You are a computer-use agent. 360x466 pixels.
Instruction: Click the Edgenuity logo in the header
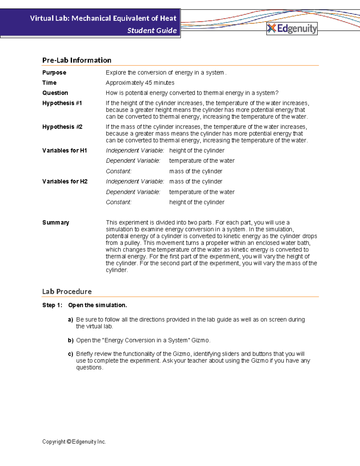click(292, 29)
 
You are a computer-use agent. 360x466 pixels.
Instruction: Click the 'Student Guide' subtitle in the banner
click(152, 31)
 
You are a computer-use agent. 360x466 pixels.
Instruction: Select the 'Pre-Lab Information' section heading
click(76, 60)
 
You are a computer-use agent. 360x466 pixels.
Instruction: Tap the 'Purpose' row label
click(54, 73)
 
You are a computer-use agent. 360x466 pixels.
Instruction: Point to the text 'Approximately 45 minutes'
click(140, 83)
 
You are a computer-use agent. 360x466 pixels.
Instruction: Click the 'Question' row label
click(55, 93)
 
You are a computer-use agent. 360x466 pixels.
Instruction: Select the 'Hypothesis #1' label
click(62, 103)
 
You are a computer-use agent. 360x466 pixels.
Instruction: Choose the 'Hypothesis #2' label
click(62, 127)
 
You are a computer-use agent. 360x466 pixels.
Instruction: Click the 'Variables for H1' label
click(64, 151)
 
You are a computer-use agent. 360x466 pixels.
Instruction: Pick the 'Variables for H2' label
click(65, 182)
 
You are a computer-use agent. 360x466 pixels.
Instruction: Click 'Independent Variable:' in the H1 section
click(135, 151)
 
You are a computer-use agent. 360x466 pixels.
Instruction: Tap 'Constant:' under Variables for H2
click(118, 202)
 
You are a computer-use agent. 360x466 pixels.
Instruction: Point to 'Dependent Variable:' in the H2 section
click(133, 192)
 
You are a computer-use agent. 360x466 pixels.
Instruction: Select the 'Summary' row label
click(55, 223)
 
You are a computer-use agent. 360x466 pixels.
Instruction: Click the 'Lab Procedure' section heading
click(67, 292)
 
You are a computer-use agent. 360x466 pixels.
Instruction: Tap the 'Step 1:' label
click(52, 305)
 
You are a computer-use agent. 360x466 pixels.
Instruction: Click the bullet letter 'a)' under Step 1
click(70, 320)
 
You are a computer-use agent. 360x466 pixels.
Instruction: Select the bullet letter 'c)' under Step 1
click(70, 354)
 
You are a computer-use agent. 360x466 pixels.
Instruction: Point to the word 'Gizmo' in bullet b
click(200, 341)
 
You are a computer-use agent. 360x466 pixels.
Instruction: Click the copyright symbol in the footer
click(69, 442)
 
